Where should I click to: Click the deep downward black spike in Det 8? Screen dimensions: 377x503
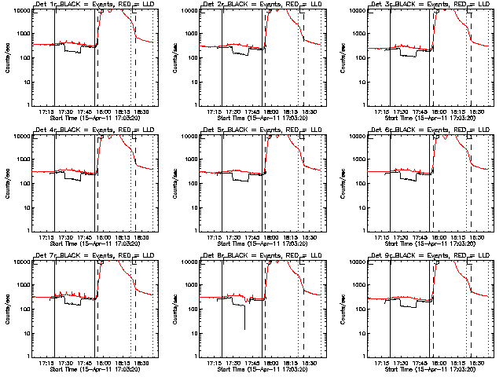245,318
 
